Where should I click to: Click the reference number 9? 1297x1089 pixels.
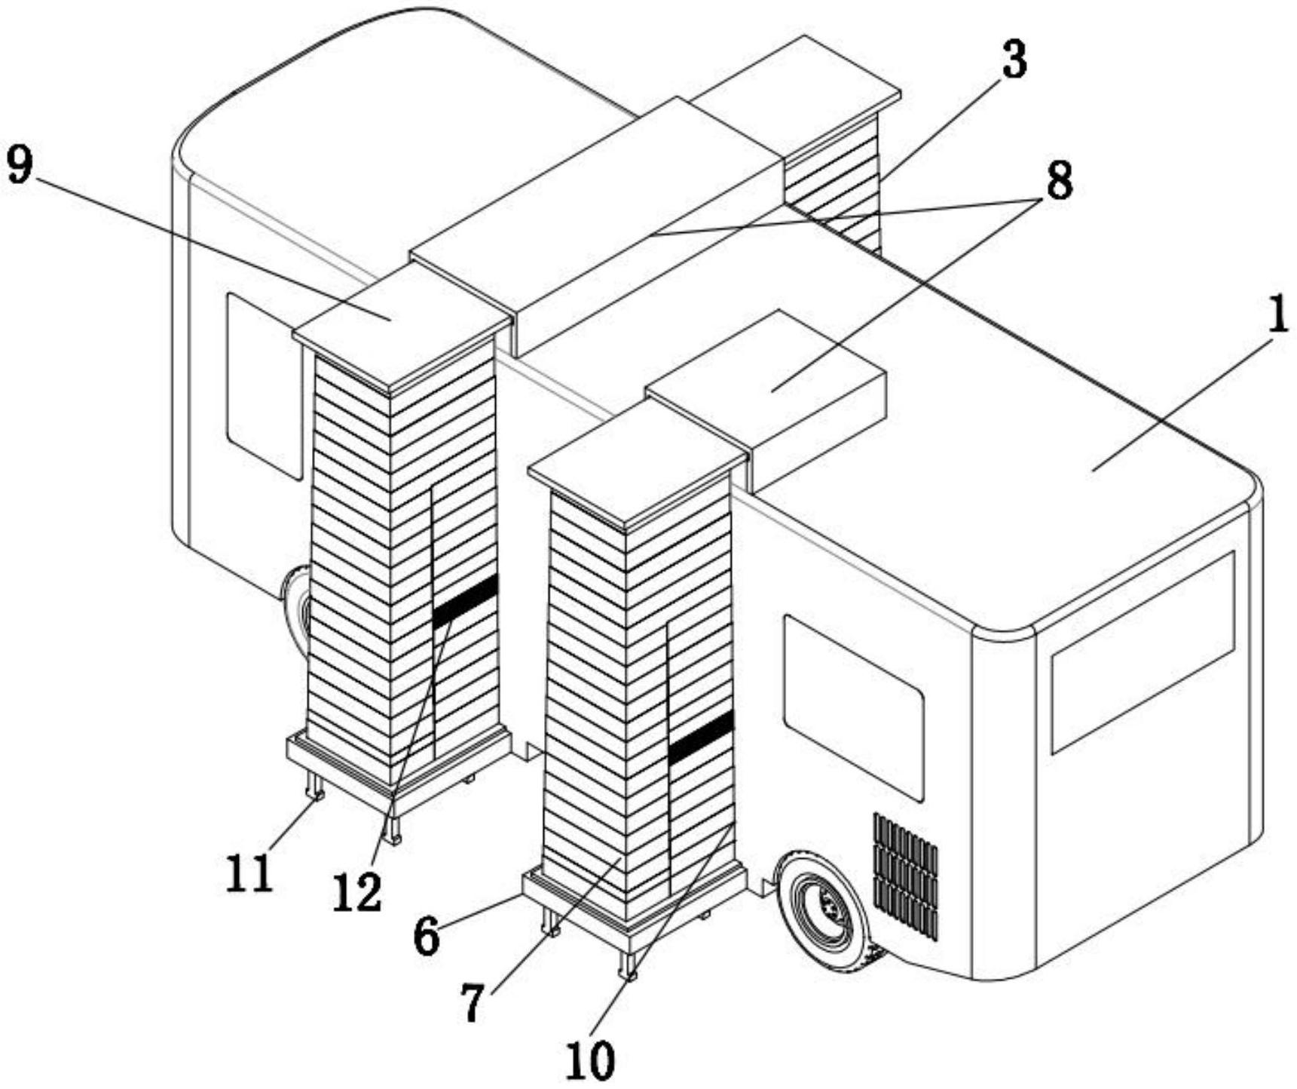(x=20, y=165)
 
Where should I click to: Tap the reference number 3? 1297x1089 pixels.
(x=1014, y=60)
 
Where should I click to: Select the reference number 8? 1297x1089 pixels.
(x=1058, y=181)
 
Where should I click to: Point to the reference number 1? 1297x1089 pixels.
(x=1277, y=316)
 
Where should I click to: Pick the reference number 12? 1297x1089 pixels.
(x=358, y=894)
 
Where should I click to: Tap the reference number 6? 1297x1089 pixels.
(x=427, y=937)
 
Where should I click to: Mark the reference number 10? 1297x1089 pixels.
(x=592, y=1061)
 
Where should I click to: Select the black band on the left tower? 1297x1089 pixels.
(x=466, y=600)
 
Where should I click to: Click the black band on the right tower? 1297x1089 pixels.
(x=700, y=737)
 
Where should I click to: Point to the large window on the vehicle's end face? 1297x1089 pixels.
(x=1142, y=652)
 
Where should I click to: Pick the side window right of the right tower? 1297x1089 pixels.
(x=852, y=707)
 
